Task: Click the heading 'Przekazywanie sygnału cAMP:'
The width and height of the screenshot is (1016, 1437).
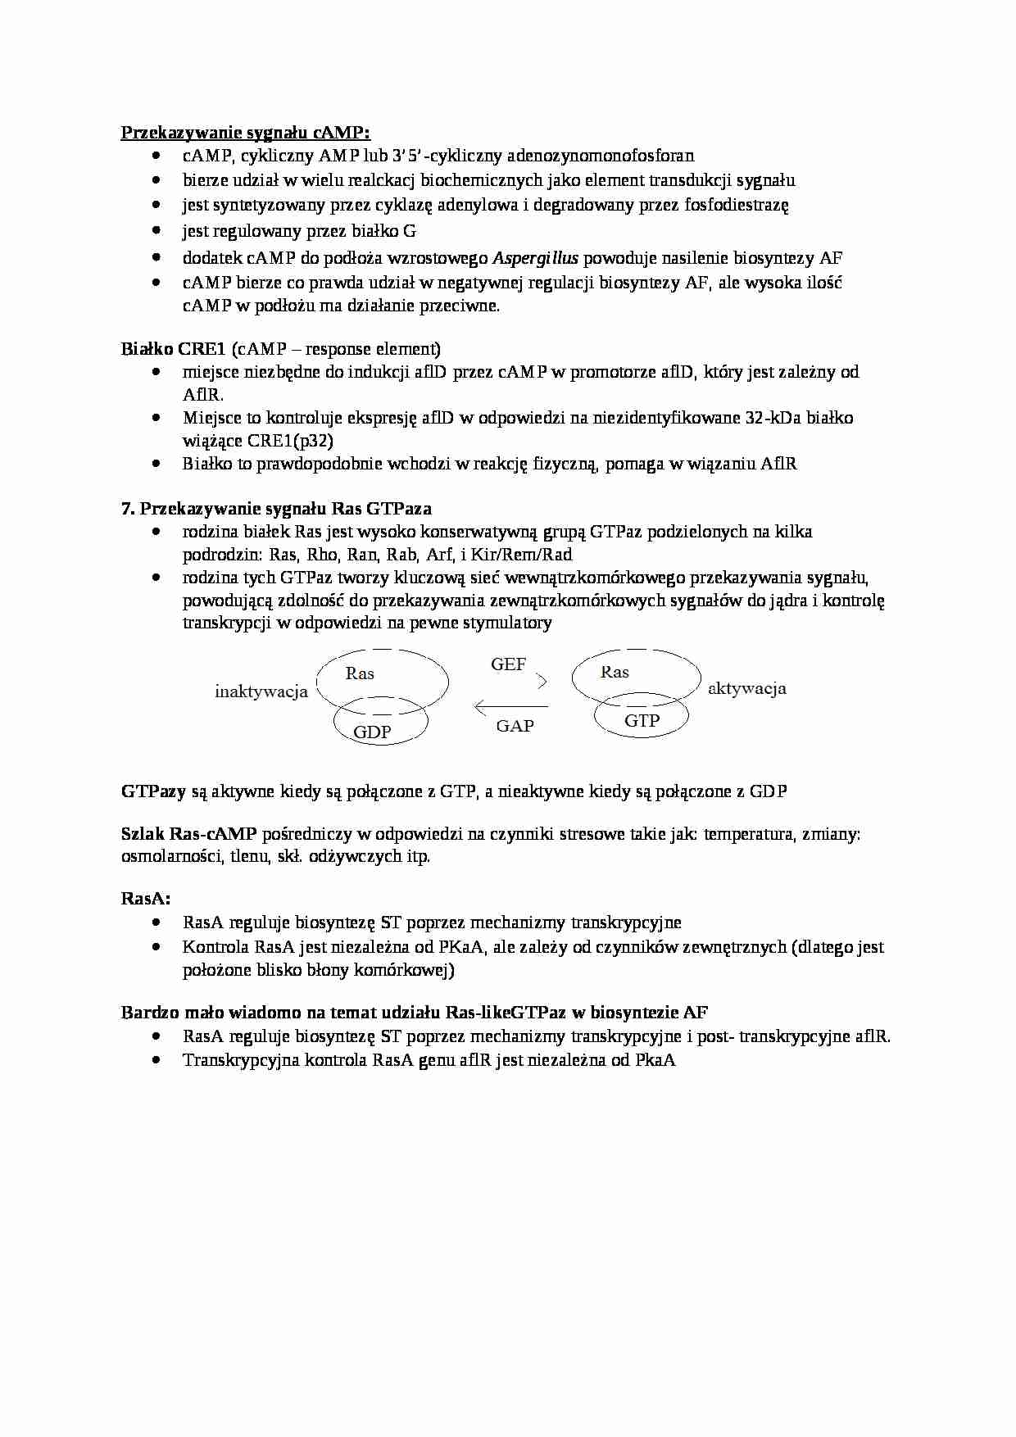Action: click(x=246, y=133)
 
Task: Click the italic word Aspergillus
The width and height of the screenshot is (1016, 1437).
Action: click(x=536, y=258)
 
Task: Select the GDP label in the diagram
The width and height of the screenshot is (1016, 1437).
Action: click(x=372, y=732)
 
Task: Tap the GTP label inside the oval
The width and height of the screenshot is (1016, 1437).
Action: click(x=642, y=720)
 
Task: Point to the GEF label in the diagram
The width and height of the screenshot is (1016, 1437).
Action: click(x=508, y=664)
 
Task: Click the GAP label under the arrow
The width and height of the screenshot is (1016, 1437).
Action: click(x=515, y=726)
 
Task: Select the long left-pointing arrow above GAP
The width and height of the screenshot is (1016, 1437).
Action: click(x=511, y=706)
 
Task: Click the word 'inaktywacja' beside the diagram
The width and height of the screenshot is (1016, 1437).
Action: click(x=261, y=691)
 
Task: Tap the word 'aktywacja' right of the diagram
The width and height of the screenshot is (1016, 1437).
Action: click(x=746, y=688)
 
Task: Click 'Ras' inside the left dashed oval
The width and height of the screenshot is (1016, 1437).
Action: click(x=360, y=673)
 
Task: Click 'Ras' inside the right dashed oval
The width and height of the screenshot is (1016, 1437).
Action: click(x=615, y=672)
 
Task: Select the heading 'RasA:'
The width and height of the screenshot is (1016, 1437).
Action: click(x=146, y=898)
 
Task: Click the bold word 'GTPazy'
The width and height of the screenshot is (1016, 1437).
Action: click(x=153, y=791)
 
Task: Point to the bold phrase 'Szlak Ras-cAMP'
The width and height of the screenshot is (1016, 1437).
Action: click(x=188, y=834)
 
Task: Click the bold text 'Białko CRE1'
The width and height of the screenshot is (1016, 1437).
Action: click(x=173, y=349)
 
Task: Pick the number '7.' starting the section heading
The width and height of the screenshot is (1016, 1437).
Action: click(x=128, y=509)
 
